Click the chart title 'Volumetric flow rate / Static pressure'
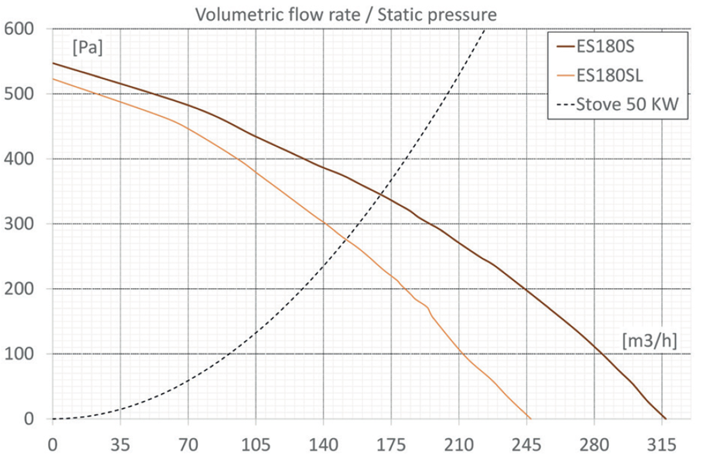(x=346, y=15)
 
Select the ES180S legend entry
(x=605, y=47)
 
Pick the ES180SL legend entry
(x=609, y=75)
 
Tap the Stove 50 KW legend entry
(x=627, y=104)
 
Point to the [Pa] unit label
(x=88, y=48)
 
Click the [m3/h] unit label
(x=649, y=340)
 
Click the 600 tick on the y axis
(x=19, y=29)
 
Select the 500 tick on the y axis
(x=19, y=94)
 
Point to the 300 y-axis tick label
(x=19, y=224)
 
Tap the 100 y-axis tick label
(x=19, y=354)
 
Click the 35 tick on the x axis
(x=120, y=445)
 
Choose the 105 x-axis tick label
(x=256, y=445)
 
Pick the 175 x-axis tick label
(x=391, y=445)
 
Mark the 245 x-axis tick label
(x=526, y=445)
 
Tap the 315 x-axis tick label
(x=662, y=445)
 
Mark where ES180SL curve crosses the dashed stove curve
(x=346, y=240)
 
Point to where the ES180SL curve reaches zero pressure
(x=530, y=418)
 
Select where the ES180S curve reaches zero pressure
(x=665, y=418)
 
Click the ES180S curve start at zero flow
(x=53, y=63)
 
